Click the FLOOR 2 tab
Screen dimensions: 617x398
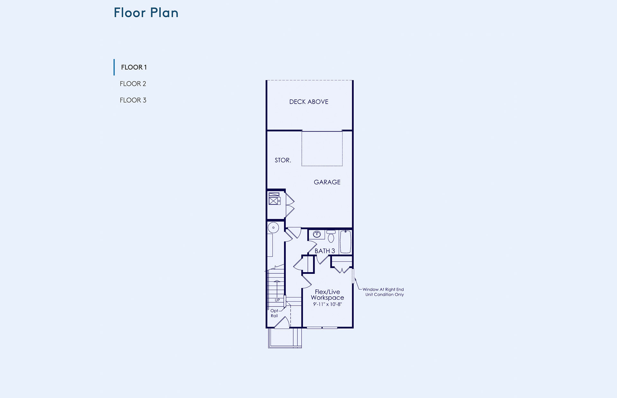point(133,84)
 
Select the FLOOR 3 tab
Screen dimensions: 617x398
point(133,100)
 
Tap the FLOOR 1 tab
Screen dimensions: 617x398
point(134,67)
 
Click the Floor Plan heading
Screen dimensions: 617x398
point(146,13)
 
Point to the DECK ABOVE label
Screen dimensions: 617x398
point(309,102)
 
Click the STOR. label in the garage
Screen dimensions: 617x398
point(283,160)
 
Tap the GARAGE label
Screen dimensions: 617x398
point(327,182)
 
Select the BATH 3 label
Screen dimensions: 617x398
point(325,251)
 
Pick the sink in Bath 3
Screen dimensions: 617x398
point(317,234)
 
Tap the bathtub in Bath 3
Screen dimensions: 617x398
point(345,242)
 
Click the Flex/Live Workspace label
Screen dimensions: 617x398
point(327,295)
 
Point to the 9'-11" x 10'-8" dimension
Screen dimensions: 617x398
point(327,304)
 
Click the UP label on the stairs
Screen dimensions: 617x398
point(277,300)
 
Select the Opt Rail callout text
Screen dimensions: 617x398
point(274,313)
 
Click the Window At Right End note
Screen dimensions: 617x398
point(383,292)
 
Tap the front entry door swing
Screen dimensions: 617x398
point(282,322)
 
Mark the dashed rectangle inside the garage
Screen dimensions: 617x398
point(322,149)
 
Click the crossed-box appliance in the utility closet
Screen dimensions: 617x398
point(273,201)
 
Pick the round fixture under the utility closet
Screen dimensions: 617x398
point(273,228)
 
